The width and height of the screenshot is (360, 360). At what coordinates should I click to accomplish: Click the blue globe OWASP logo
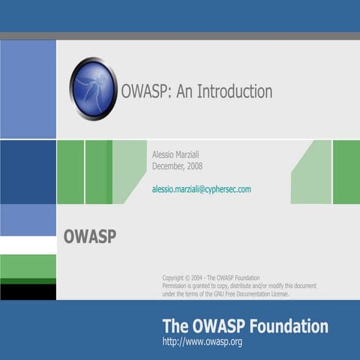pyautogui.click(x=93, y=89)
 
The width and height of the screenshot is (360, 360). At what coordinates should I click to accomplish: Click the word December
pyautogui.click(x=168, y=166)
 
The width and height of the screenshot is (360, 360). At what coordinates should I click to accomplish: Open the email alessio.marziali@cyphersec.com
pyautogui.click(x=201, y=190)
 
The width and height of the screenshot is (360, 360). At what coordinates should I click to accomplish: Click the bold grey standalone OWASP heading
pyautogui.click(x=89, y=236)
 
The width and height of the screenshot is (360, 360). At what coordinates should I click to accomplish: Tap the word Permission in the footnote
pyautogui.click(x=178, y=286)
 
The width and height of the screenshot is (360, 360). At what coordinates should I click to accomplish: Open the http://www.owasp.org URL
pyautogui.click(x=202, y=342)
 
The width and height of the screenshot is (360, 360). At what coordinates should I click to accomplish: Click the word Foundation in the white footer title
pyautogui.click(x=289, y=326)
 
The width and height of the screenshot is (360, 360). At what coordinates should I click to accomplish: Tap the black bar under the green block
pyautogui.click(x=28, y=291)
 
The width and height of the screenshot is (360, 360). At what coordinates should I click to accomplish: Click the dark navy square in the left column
pyautogui.click(x=28, y=172)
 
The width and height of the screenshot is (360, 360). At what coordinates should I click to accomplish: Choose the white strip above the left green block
pyautogui.click(x=28, y=245)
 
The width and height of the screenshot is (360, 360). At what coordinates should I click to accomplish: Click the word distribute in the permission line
pyautogui.click(x=250, y=286)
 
